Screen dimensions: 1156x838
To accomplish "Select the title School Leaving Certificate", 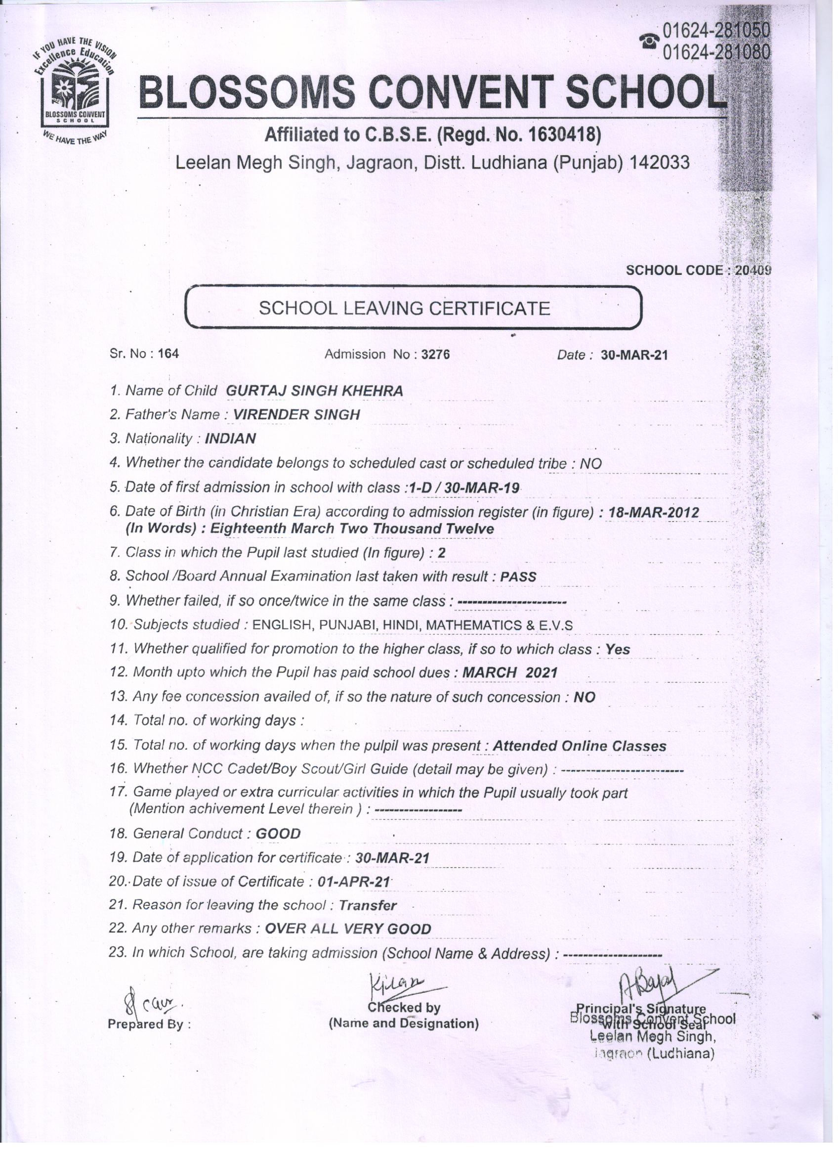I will pyautogui.click(x=405, y=309).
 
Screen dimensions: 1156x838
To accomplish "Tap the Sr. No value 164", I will pyautogui.click(x=168, y=354).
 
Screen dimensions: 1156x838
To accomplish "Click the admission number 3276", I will pyautogui.click(x=436, y=354).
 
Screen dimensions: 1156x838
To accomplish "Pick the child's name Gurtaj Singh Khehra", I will pyautogui.click(x=314, y=391).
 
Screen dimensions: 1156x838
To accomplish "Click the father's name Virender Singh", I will pyautogui.click(x=296, y=414).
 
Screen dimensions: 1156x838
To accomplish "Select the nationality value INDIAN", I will pyautogui.click(x=230, y=439).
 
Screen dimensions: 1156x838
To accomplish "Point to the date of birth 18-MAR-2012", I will pyautogui.click(x=654, y=512).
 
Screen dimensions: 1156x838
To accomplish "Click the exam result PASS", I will pyautogui.click(x=518, y=577).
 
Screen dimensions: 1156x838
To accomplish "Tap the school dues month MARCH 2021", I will pyautogui.click(x=509, y=672).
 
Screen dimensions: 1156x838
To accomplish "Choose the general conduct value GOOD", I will pyautogui.click(x=278, y=834).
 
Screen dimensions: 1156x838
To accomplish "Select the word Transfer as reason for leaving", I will pyautogui.click(x=367, y=905).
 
